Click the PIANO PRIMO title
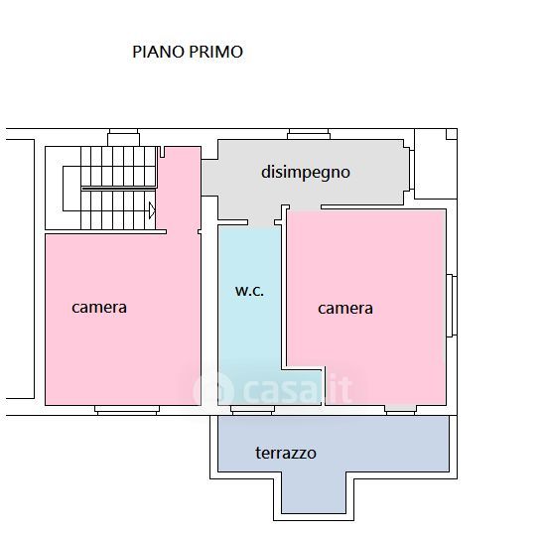point(188,52)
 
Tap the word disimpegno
point(306,172)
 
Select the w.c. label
point(249,291)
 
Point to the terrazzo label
point(286,453)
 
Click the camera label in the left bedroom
point(99,308)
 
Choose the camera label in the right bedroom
point(345,309)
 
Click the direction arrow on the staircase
point(152,210)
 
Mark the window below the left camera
point(127,410)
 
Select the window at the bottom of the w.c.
point(252,410)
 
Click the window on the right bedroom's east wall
point(452,306)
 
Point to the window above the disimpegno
point(309,134)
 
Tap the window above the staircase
point(123,137)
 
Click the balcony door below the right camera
point(400,410)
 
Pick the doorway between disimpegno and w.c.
point(264,224)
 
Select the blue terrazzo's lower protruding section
point(314,492)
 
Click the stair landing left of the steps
point(71,189)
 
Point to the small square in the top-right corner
point(452,134)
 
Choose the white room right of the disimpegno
point(436,164)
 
